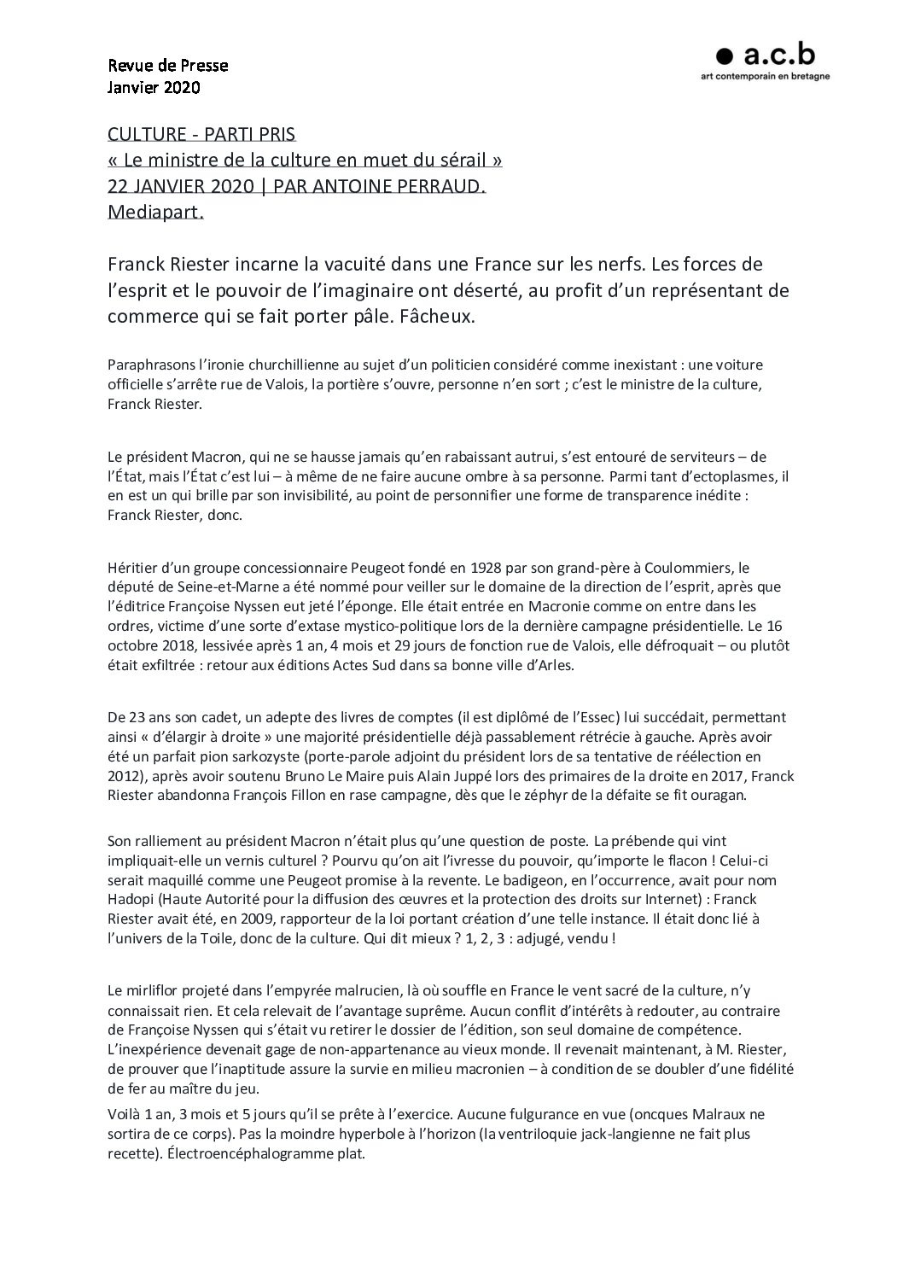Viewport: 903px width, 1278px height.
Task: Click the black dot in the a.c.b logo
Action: click(725, 56)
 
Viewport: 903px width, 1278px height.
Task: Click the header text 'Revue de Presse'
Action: click(168, 65)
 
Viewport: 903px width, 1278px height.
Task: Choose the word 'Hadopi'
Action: click(132, 899)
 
